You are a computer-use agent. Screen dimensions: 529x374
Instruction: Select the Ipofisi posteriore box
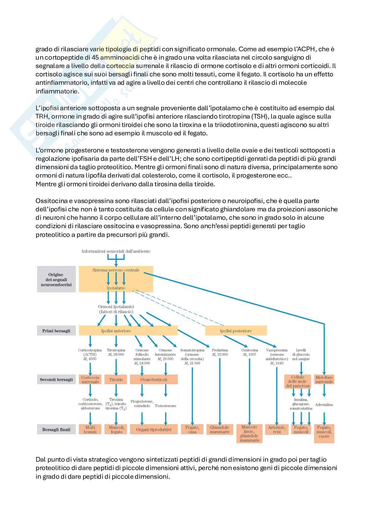(x=236, y=331)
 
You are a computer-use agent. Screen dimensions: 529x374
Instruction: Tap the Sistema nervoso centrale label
(x=116, y=270)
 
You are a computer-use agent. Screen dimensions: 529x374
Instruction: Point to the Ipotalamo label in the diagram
(x=116, y=288)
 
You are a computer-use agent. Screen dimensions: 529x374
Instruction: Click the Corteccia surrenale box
(x=90, y=380)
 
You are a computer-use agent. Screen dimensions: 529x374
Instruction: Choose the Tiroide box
(x=116, y=380)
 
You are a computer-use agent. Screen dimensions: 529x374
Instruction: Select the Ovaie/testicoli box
(x=154, y=380)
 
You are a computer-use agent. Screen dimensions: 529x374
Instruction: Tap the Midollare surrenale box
(x=324, y=380)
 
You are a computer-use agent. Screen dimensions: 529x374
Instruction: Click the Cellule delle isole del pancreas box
(x=298, y=382)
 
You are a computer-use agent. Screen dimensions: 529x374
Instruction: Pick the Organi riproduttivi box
(x=154, y=429)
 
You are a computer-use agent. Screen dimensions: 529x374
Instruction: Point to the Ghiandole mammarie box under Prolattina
(x=220, y=429)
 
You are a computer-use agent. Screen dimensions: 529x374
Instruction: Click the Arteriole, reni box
(x=277, y=429)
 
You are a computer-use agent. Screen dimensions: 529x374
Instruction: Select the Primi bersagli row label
(x=56, y=331)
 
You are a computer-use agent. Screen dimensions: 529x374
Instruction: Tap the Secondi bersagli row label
(x=56, y=380)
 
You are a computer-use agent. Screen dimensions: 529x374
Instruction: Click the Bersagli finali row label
(x=56, y=429)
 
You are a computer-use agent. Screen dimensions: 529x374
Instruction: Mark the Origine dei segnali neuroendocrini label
(x=56, y=279)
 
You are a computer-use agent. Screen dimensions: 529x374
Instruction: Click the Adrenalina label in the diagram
(x=324, y=405)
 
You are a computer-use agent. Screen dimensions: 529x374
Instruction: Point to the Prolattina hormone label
(x=220, y=350)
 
